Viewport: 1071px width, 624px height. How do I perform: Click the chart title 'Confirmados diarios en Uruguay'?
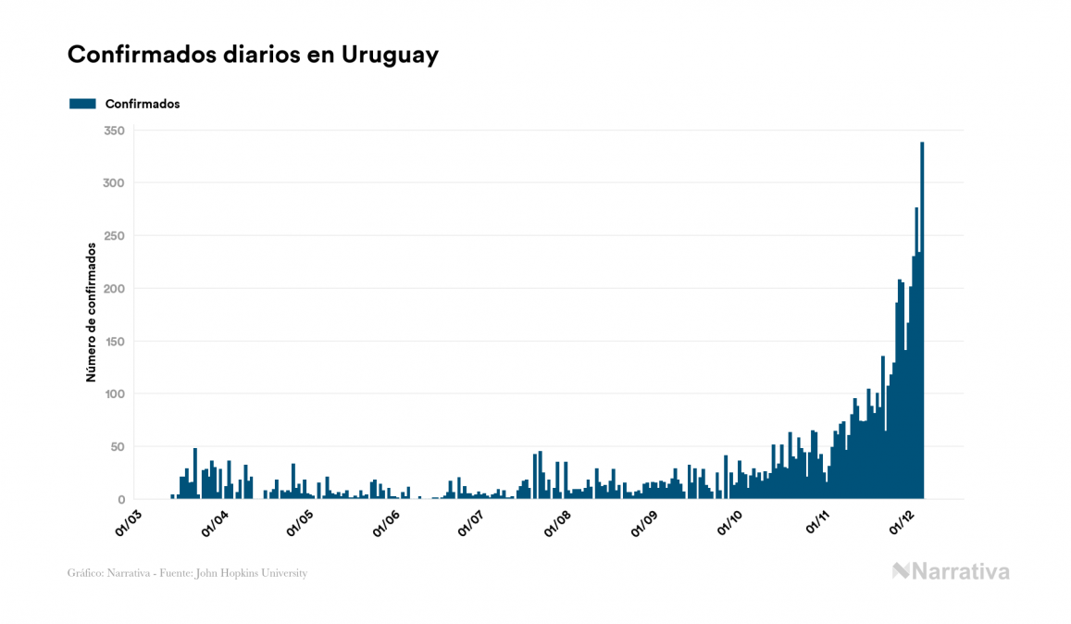(x=253, y=55)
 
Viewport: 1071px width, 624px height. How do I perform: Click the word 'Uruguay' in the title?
(x=390, y=55)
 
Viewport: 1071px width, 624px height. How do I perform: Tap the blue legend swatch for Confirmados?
(x=82, y=104)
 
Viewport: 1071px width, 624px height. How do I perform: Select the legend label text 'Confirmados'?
(x=143, y=104)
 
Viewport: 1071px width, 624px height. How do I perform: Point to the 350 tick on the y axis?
(x=114, y=131)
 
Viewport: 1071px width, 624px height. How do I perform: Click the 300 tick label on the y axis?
(x=114, y=183)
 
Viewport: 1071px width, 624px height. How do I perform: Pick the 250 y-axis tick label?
(x=114, y=236)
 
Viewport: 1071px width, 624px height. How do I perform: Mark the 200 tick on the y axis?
(x=114, y=289)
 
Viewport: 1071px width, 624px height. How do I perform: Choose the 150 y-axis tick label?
(x=114, y=342)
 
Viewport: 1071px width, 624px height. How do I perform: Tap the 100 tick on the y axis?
(x=114, y=394)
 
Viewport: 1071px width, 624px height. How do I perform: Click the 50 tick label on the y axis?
(x=118, y=447)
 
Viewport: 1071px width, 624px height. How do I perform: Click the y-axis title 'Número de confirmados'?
(x=91, y=312)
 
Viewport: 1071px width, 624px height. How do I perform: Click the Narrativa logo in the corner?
(x=951, y=571)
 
